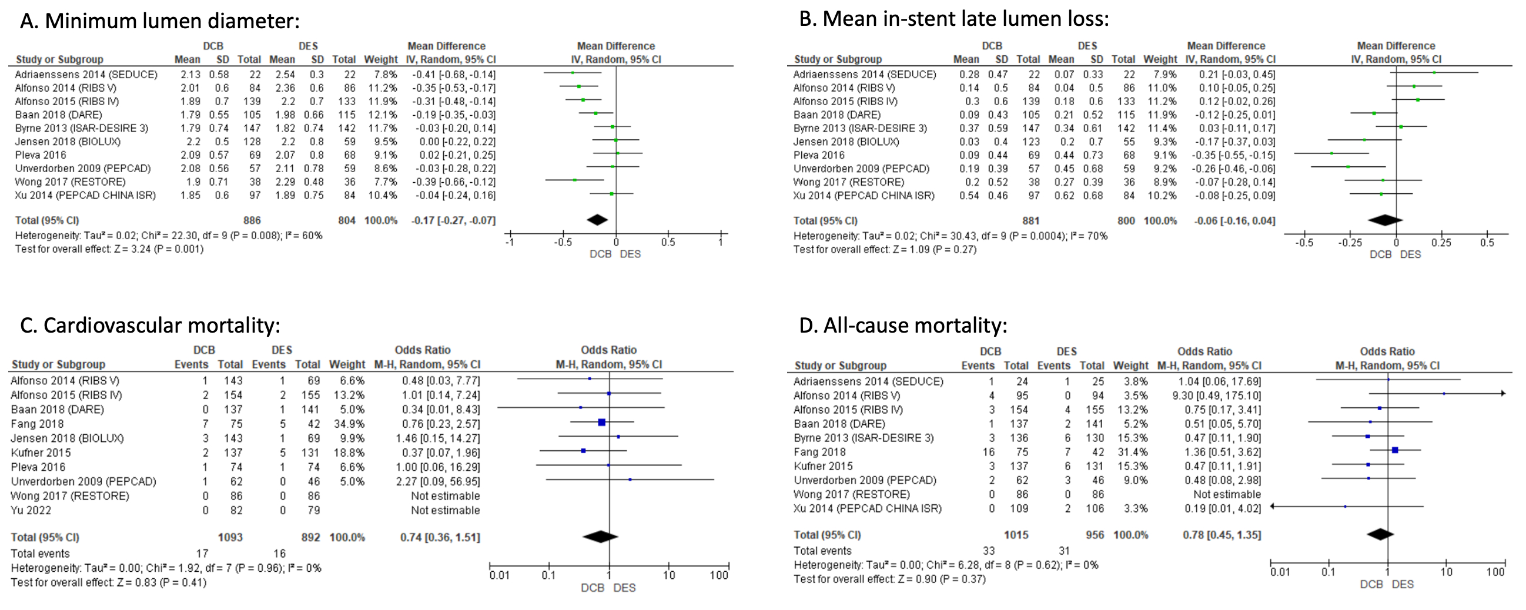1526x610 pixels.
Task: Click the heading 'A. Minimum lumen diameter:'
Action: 160,21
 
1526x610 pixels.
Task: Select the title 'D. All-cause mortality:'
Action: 903,326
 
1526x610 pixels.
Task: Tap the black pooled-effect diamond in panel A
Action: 597,220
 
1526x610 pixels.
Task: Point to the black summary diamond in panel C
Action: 601,537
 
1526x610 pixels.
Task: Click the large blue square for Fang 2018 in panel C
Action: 602,423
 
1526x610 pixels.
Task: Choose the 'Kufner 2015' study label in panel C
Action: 41,453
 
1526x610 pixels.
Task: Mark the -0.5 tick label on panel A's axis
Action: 563,242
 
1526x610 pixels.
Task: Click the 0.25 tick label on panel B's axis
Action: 1441,243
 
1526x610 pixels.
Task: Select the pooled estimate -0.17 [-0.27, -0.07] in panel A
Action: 453,220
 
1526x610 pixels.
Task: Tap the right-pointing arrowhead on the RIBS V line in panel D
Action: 1503,393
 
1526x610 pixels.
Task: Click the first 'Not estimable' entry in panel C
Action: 446,497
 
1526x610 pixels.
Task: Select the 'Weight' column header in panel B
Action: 1160,59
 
